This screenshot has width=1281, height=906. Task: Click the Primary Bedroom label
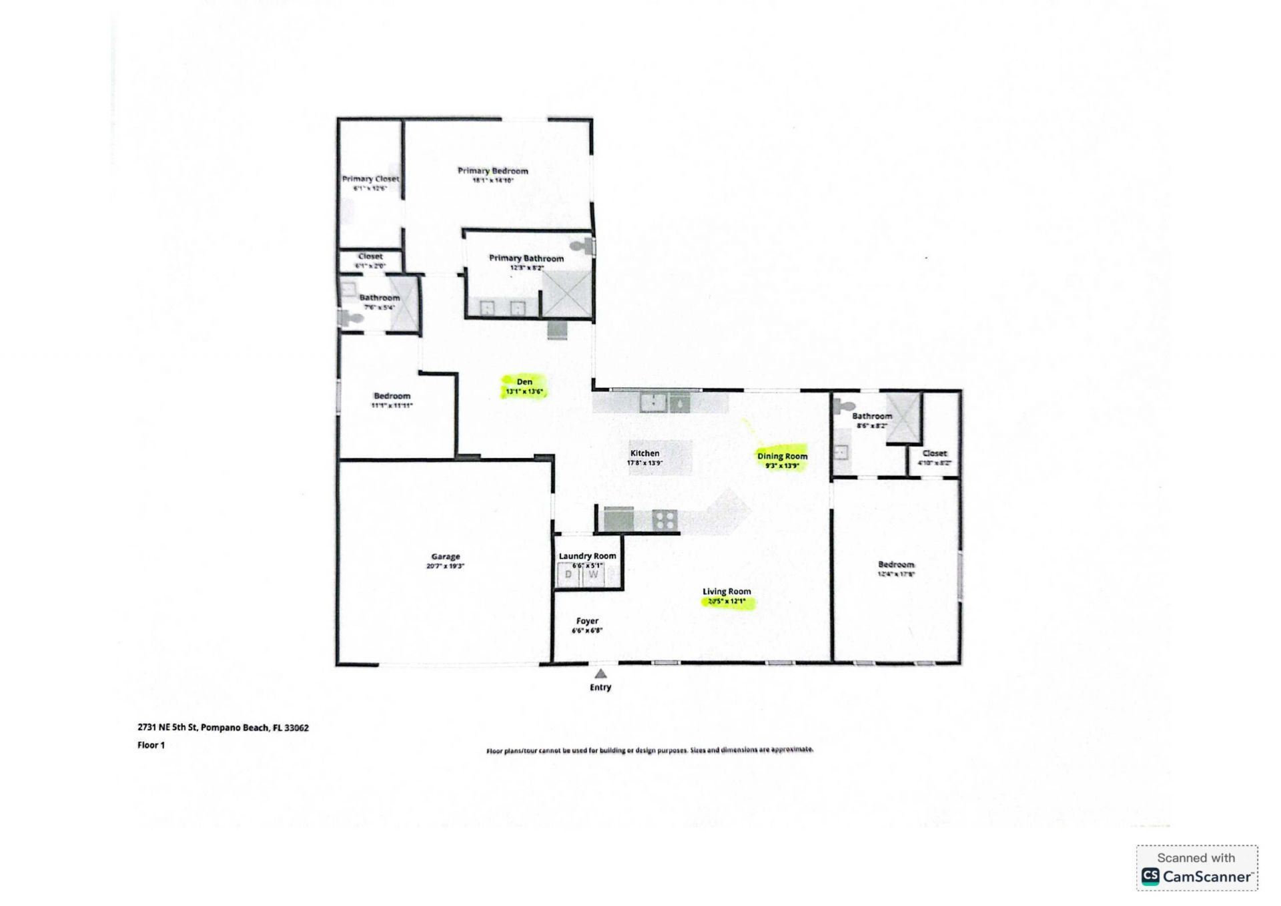coord(492,171)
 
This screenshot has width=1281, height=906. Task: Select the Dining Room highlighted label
coord(782,457)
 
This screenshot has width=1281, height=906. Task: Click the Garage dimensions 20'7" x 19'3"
coord(445,566)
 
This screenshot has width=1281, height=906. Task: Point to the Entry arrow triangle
coord(600,674)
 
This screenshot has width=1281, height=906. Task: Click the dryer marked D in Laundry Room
coord(568,575)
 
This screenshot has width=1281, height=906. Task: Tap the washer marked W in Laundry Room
coord(592,575)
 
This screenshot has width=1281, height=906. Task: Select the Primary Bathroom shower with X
coord(566,294)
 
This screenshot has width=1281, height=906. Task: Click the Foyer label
coord(587,621)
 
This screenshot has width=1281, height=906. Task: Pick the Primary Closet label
coord(370,179)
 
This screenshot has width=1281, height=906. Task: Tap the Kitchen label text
coord(645,453)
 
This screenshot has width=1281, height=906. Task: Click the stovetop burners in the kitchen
coord(665,519)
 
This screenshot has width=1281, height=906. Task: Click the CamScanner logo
coord(1197,876)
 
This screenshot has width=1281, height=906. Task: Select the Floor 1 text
coord(151,745)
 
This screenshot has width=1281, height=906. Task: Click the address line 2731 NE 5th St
coord(223,728)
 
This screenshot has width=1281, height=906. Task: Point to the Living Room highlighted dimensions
coord(727,602)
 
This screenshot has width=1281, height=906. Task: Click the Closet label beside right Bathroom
coord(934,453)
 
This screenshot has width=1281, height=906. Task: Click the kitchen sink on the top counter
coord(653,403)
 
